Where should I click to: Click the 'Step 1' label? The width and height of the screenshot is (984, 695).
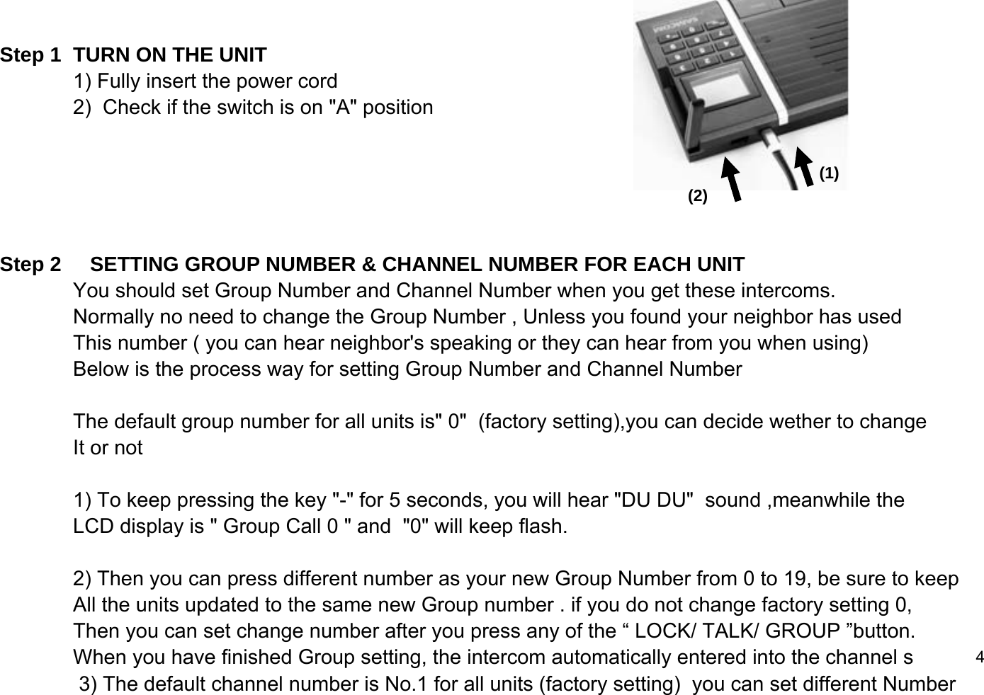coord(30,55)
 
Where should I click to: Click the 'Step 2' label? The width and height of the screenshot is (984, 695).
coord(30,265)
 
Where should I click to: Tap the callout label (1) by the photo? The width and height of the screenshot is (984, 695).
coord(829,173)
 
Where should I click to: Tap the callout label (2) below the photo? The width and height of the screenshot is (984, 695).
coord(698,196)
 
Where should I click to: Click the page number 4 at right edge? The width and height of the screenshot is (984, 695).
coord(979,656)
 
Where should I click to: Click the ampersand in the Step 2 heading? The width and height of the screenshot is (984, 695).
coord(368,265)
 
